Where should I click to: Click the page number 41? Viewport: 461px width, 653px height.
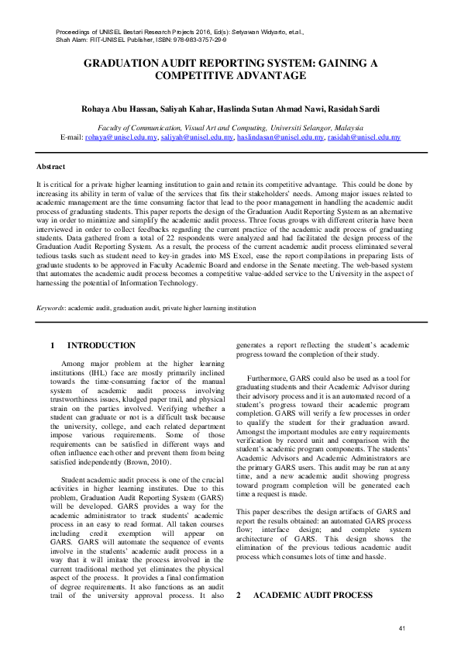401,627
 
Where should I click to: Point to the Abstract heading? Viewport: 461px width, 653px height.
51,167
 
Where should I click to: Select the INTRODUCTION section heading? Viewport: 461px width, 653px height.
101,345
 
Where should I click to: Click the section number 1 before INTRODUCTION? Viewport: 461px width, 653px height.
52,345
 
